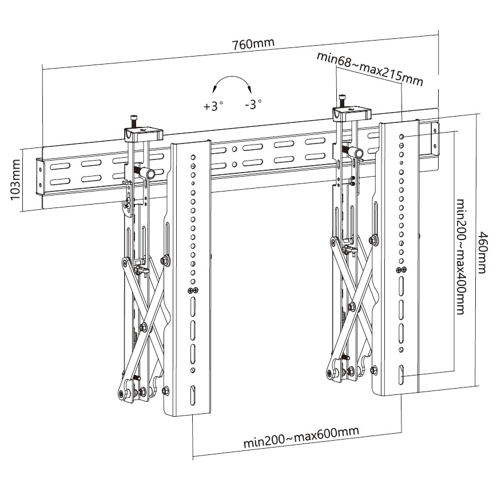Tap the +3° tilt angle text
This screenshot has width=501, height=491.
pyautogui.click(x=213, y=106)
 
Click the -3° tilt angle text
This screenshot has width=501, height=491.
pyautogui.click(x=252, y=105)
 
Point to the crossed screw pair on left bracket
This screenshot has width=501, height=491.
pyautogui.click(x=193, y=291)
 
